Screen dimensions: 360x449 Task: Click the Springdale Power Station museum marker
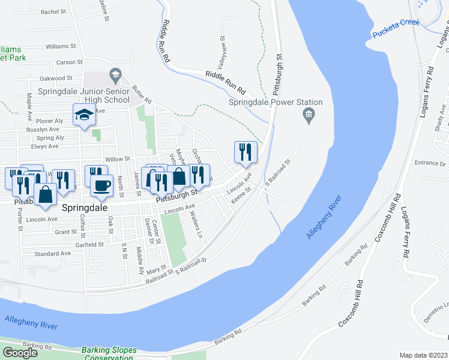pyautogui.click(x=309, y=115)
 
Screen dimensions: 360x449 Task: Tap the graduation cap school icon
pyautogui.click(x=84, y=114)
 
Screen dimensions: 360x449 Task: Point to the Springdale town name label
pyautogui.click(x=85, y=206)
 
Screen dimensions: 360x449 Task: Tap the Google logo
pyautogui.click(x=20, y=353)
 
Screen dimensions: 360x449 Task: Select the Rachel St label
pyautogui.click(x=53, y=11)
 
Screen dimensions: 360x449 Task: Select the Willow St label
pyautogui.click(x=118, y=159)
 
